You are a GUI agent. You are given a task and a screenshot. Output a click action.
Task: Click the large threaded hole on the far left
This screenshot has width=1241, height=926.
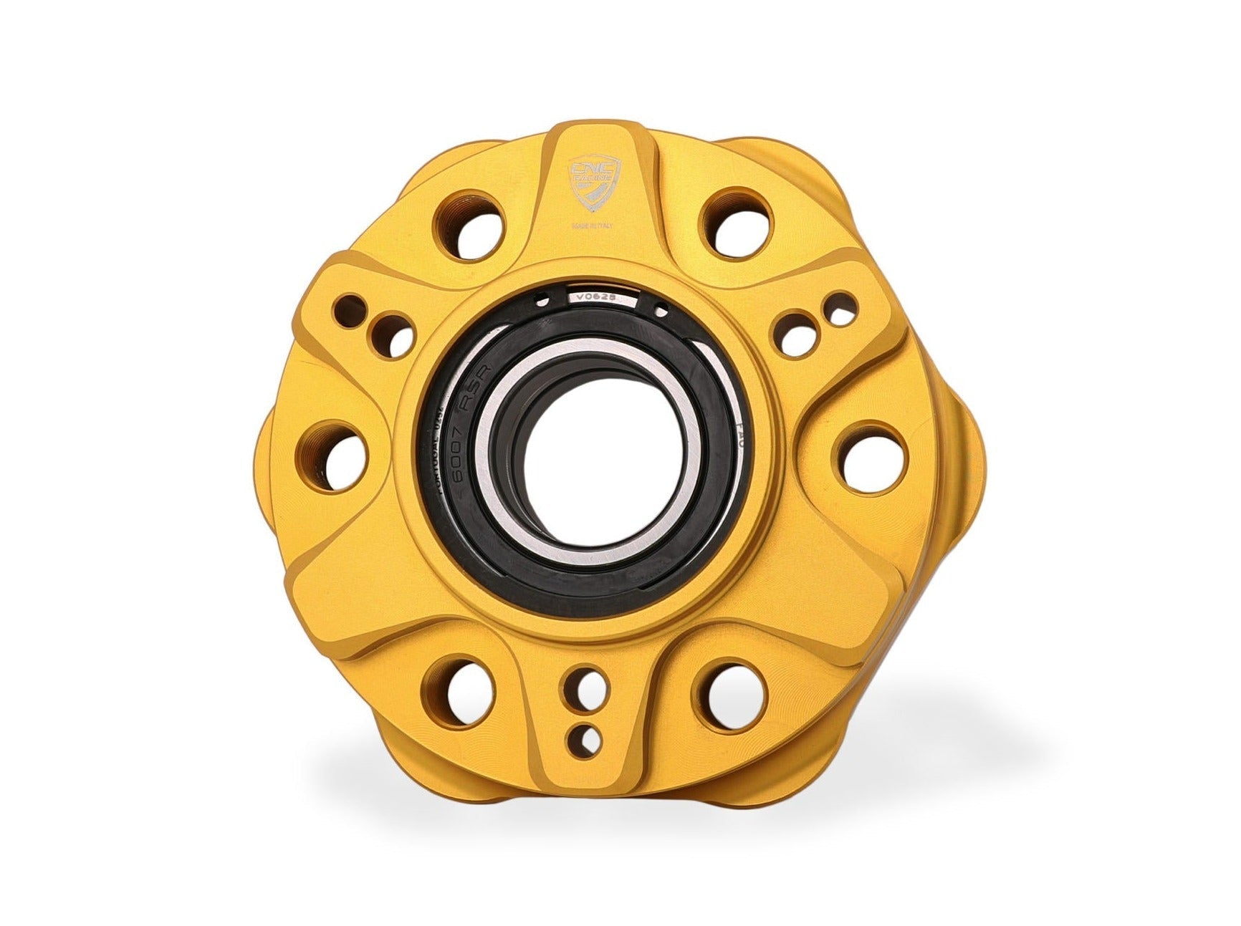click(x=338, y=456)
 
